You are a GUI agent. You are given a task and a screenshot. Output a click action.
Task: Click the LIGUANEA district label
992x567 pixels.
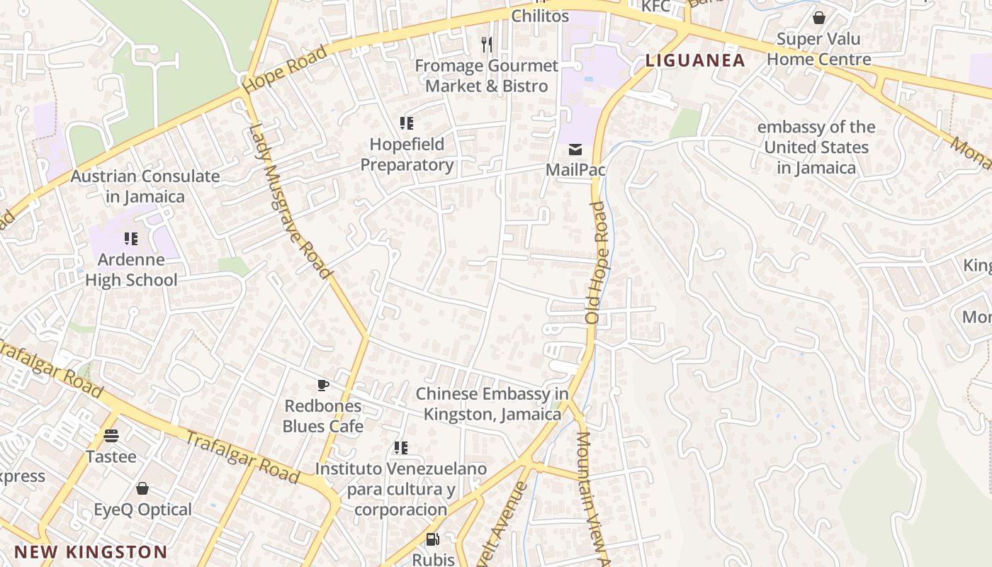[695, 60]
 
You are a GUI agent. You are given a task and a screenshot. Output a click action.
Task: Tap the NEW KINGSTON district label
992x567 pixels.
[91, 552]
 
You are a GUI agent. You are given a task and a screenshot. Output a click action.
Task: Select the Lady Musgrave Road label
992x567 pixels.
[291, 201]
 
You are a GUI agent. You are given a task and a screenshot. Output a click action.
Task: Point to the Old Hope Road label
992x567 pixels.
[597, 263]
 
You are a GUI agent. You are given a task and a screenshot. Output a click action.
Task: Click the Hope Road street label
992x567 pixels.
[285, 69]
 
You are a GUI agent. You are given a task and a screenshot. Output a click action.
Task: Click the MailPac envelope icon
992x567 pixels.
[575, 150]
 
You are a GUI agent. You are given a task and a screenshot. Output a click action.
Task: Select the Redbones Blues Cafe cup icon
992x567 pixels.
[323, 386]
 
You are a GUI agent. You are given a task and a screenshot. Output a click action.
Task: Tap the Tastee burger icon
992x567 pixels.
[111, 435]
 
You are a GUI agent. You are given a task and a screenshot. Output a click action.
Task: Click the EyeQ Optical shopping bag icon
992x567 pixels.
[142, 488]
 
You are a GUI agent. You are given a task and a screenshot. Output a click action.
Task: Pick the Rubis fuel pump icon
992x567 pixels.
[432, 539]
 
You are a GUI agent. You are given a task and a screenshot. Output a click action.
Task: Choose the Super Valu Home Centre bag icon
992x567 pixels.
[819, 18]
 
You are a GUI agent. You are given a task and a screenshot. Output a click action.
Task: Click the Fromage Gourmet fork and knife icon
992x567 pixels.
[486, 45]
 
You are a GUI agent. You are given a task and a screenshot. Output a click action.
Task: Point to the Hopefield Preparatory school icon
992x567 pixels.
[407, 123]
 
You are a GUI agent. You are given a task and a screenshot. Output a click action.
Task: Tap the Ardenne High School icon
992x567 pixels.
[131, 239]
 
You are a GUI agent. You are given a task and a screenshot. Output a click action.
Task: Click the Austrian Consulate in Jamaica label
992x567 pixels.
[145, 186]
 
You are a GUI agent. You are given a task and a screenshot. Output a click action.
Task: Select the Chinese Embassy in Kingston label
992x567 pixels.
[492, 403]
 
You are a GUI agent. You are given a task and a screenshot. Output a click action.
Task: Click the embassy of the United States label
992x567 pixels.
[816, 147]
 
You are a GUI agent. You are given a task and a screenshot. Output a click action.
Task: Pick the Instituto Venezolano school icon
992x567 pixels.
[401, 448]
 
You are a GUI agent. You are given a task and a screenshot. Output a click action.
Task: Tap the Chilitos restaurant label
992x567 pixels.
[540, 16]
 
